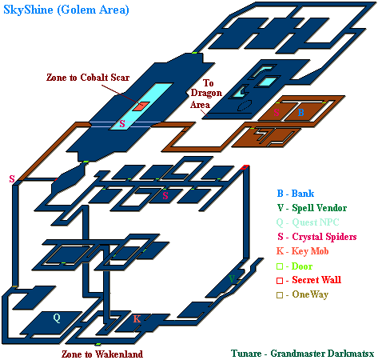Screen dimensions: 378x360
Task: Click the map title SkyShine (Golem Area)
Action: (66, 10)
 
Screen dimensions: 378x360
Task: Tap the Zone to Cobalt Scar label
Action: (88, 78)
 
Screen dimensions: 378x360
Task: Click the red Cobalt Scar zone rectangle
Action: (141, 106)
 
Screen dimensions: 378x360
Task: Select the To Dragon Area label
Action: (206, 94)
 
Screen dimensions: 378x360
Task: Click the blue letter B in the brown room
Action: (301, 112)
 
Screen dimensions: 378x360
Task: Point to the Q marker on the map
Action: (57, 318)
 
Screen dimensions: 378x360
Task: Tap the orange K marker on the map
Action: (137, 318)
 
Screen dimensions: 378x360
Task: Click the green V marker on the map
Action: (232, 279)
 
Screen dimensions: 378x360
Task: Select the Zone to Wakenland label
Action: (102, 354)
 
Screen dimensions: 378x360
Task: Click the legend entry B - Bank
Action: (296, 193)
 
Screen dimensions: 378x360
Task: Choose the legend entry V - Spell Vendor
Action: (312, 207)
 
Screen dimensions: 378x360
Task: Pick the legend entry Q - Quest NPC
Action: (308, 222)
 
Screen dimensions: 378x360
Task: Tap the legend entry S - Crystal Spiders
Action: (317, 237)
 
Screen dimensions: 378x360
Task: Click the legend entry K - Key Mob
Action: (302, 251)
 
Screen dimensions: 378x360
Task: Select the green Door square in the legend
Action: (280, 266)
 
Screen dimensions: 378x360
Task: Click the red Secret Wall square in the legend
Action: (280, 281)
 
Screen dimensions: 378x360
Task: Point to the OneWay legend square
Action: (280, 295)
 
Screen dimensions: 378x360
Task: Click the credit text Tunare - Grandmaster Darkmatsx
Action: (303, 354)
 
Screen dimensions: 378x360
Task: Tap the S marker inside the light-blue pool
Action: (122, 123)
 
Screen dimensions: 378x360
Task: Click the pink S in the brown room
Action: (277, 113)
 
